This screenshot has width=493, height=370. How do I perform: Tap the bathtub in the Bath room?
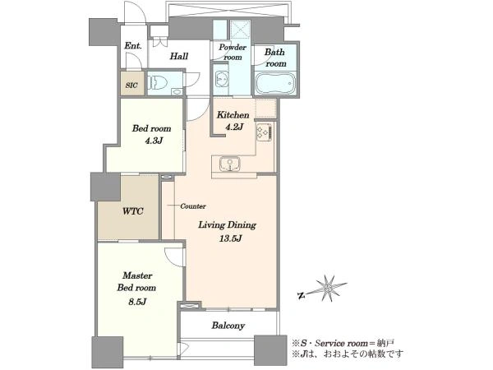[x=275, y=83]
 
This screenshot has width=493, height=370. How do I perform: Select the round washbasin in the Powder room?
[x=222, y=78]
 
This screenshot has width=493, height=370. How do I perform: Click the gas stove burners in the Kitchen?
[x=264, y=132]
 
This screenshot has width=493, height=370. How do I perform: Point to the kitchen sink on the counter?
[x=230, y=164]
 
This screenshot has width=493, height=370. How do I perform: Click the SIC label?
[x=131, y=86]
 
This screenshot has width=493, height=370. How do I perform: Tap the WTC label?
[x=132, y=210]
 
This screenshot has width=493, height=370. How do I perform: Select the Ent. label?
[x=133, y=46]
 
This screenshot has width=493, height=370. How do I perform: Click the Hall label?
[x=178, y=56]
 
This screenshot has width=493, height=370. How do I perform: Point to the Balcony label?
[x=228, y=326]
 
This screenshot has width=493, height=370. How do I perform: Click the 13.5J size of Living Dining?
[x=230, y=238]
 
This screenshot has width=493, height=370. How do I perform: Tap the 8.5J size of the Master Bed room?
[x=137, y=302]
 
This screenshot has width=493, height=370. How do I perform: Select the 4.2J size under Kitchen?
[x=234, y=127]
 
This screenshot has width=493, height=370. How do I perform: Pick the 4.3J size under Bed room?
[x=154, y=141]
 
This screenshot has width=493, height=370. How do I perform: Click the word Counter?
[x=193, y=206]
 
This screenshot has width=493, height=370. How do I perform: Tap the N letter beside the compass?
[x=301, y=295]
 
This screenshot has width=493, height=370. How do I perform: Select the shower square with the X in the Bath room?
[x=240, y=30]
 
